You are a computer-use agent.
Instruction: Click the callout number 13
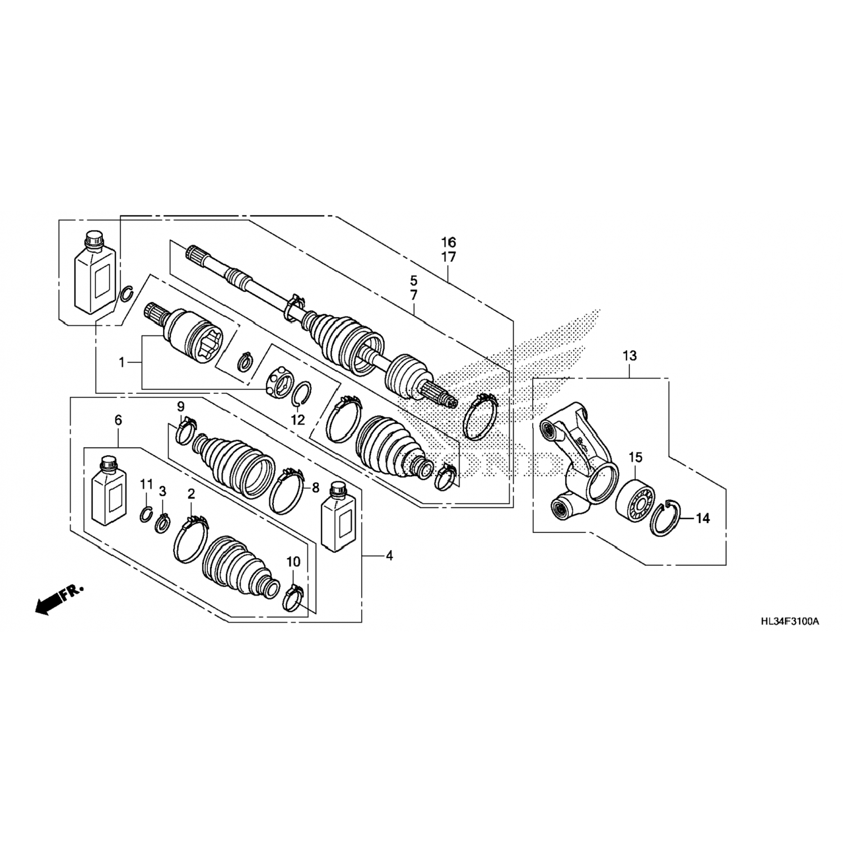click(629, 356)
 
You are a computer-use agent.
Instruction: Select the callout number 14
click(703, 518)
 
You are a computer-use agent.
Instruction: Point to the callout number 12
click(297, 419)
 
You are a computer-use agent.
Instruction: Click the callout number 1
click(121, 363)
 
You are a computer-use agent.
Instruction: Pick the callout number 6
click(118, 420)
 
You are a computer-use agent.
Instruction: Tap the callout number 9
click(180, 406)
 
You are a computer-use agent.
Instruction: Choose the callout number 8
click(315, 487)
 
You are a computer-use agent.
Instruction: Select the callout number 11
click(146, 484)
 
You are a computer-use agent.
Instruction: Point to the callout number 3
click(162, 492)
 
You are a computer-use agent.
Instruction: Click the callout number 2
click(191, 494)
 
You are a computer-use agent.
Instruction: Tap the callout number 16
click(448, 243)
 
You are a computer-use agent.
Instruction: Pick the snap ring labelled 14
click(666, 518)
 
